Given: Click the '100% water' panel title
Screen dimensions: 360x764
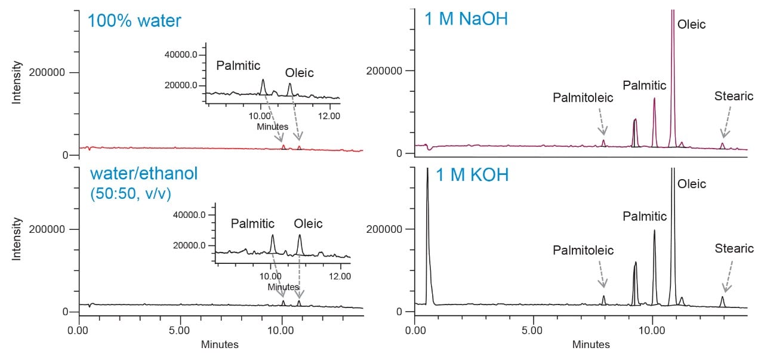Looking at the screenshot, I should pyautogui.click(x=134, y=21).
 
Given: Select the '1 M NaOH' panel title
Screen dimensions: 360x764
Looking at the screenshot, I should pyautogui.click(x=466, y=19).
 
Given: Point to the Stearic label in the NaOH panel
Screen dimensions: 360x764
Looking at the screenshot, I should pyautogui.click(x=734, y=96).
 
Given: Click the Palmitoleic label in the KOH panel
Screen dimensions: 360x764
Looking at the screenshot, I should pyautogui.click(x=583, y=250).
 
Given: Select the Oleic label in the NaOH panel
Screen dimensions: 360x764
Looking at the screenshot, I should pyautogui.click(x=691, y=24).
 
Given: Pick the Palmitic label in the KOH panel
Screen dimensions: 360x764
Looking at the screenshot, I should pyautogui.click(x=645, y=216).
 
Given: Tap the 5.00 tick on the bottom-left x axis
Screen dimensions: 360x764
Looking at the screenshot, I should pyautogui.click(x=180, y=329).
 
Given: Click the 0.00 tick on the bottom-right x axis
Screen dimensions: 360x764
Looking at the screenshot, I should pyautogui.click(x=415, y=329).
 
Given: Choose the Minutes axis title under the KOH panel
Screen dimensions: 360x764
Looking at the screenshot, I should pyautogui.click(x=590, y=344).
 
